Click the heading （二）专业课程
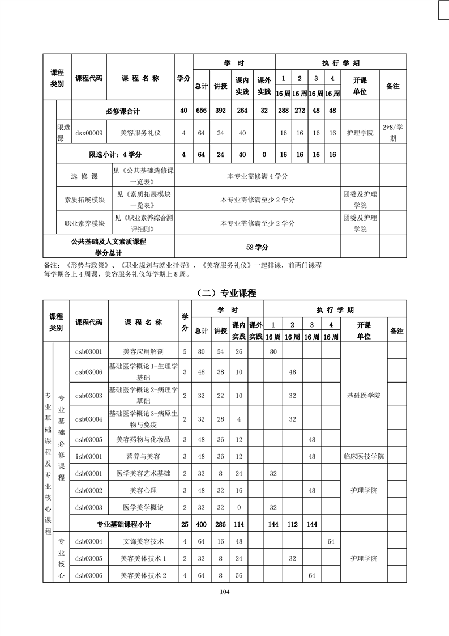pos(225,293)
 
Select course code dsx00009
pos(89,133)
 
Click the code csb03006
pos(88,372)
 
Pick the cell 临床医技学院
pos(364,456)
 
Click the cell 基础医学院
pos(364,395)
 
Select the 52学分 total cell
pos(257,247)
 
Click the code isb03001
pos(88,456)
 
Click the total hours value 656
pos(201,111)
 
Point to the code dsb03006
pos(88,575)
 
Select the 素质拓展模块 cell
pos(84,200)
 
